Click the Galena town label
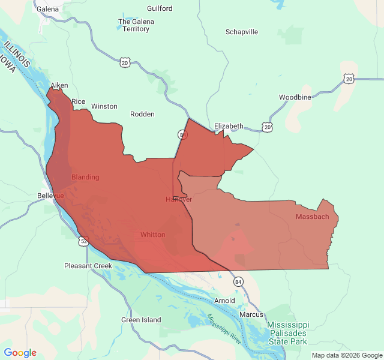pos(47,9)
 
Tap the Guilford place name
pos(160,8)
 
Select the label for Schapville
pos(242,32)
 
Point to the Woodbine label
pos(295,97)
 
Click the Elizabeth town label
pos(229,126)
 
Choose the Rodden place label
pos(142,114)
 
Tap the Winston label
pos(104,106)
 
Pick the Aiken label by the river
pos(59,86)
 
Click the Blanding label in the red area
pos(85,177)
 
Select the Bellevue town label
pos(50,196)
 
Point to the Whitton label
pos(152,235)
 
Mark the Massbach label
pos(313,217)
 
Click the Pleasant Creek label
pos(88,266)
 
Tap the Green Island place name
pos(141,320)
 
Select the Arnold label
pos(225,301)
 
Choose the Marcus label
pos(251,314)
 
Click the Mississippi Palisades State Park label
pos(287,332)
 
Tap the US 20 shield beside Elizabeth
pos(267,127)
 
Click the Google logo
pos(20,353)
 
